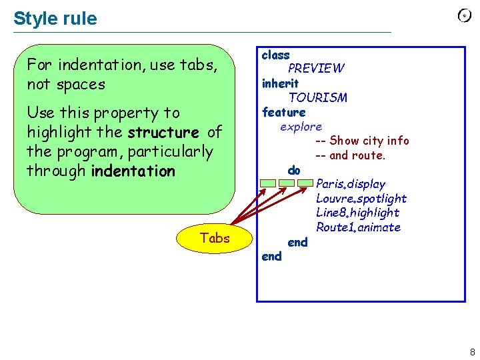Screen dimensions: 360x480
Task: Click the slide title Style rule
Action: point(55,19)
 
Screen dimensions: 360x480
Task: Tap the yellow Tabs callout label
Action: point(214,238)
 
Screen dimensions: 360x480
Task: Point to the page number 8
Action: point(472,352)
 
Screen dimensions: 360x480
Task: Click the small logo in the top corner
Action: point(465,16)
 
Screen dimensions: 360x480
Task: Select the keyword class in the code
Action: point(275,55)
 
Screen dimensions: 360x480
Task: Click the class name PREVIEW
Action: point(316,68)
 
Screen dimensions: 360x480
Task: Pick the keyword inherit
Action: point(280,83)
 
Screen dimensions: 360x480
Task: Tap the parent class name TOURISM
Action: point(317,97)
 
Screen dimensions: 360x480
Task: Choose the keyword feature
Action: point(283,112)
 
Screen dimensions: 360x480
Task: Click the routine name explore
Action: point(301,126)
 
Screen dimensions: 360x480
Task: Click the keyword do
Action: point(294,170)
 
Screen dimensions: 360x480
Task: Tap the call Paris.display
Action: point(351,184)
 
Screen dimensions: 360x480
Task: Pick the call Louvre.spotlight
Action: point(361,199)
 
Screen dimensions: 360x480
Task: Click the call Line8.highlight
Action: point(357,213)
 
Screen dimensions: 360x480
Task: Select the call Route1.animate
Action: point(358,227)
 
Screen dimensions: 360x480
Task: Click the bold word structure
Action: point(163,133)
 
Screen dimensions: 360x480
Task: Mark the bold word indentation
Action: point(133,171)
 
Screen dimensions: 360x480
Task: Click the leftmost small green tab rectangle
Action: point(268,183)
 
